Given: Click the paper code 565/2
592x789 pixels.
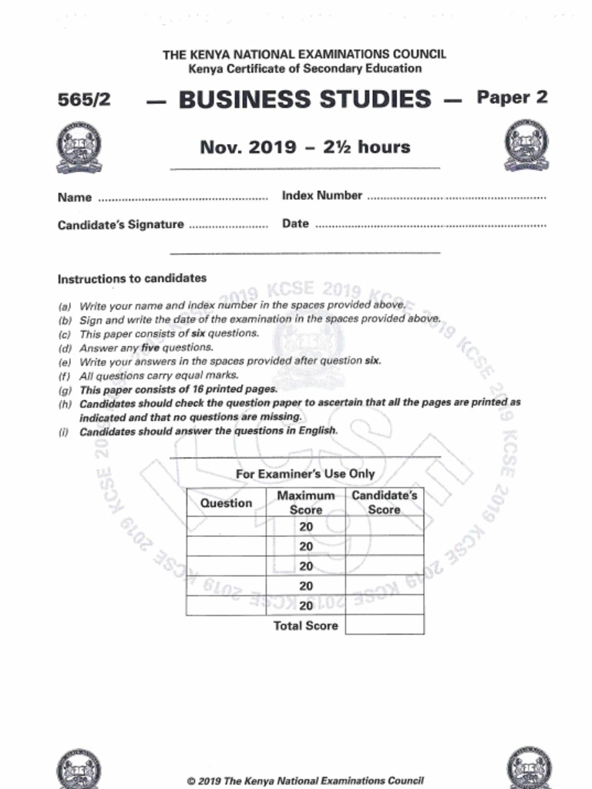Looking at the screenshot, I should pyautogui.click(x=83, y=100).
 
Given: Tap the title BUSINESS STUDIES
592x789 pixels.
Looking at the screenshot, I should pyautogui.click(x=304, y=99).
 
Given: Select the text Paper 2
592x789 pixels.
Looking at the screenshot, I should pyautogui.click(x=512, y=98).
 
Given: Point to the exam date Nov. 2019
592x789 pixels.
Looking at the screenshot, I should pyautogui.click(x=247, y=146).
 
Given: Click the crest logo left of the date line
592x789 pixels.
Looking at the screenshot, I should pyautogui.click(x=79, y=147).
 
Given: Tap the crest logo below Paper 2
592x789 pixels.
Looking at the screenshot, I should pyautogui.click(x=526, y=146).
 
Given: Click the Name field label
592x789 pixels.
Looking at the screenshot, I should pyautogui.click(x=75, y=197).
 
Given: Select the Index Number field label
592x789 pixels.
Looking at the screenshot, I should pyautogui.click(x=321, y=196).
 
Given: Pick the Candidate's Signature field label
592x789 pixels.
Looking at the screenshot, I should pyautogui.click(x=120, y=225).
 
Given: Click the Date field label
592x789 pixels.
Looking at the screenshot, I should pyautogui.click(x=295, y=223).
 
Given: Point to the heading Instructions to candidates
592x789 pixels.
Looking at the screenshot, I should pyautogui.click(x=132, y=278).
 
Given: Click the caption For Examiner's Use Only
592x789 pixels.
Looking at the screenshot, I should pyautogui.click(x=305, y=474).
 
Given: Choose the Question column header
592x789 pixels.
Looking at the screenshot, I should pyautogui.click(x=226, y=503).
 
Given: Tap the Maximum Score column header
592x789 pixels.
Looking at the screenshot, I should pyautogui.click(x=306, y=502).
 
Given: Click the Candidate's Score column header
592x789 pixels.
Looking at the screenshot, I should pyautogui.click(x=384, y=502).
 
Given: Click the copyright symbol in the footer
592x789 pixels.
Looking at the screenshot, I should pyautogui.click(x=191, y=781).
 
